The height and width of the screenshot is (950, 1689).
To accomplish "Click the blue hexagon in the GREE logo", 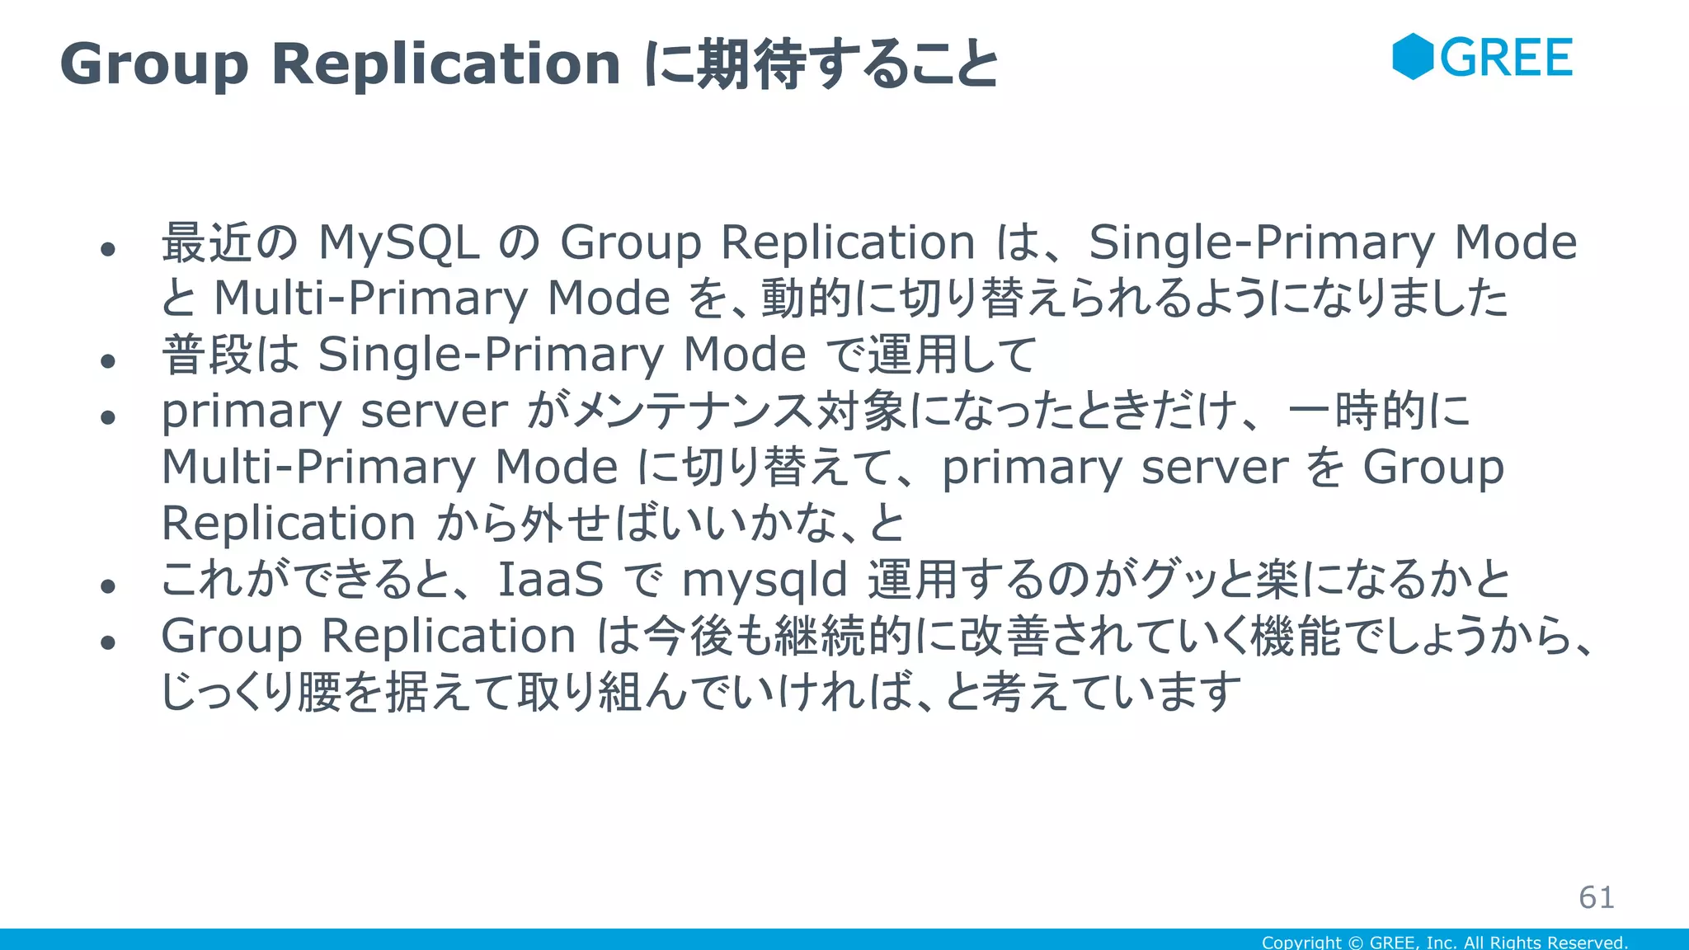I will (x=1413, y=57).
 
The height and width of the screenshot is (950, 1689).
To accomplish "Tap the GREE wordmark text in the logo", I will (x=1507, y=58).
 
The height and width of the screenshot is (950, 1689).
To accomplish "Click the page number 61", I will (x=1597, y=897).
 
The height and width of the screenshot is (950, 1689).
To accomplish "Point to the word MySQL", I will (x=399, y=243).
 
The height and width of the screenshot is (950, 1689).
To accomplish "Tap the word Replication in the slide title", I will (x=445, y=63).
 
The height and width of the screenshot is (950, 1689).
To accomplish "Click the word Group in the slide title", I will (x=154, y=63).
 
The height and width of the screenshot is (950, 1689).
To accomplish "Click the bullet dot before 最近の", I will (x=108, y=249).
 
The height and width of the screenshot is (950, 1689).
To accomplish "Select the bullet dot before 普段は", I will (x=108, y=360).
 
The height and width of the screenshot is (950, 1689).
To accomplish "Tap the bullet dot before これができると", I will (x=108, y=586).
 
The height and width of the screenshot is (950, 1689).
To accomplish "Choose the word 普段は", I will (x=230, y=355).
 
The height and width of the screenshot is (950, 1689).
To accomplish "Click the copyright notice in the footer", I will (x=1444, y=942).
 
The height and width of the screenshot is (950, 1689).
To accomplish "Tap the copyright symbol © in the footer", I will (x=1356, y=942).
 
